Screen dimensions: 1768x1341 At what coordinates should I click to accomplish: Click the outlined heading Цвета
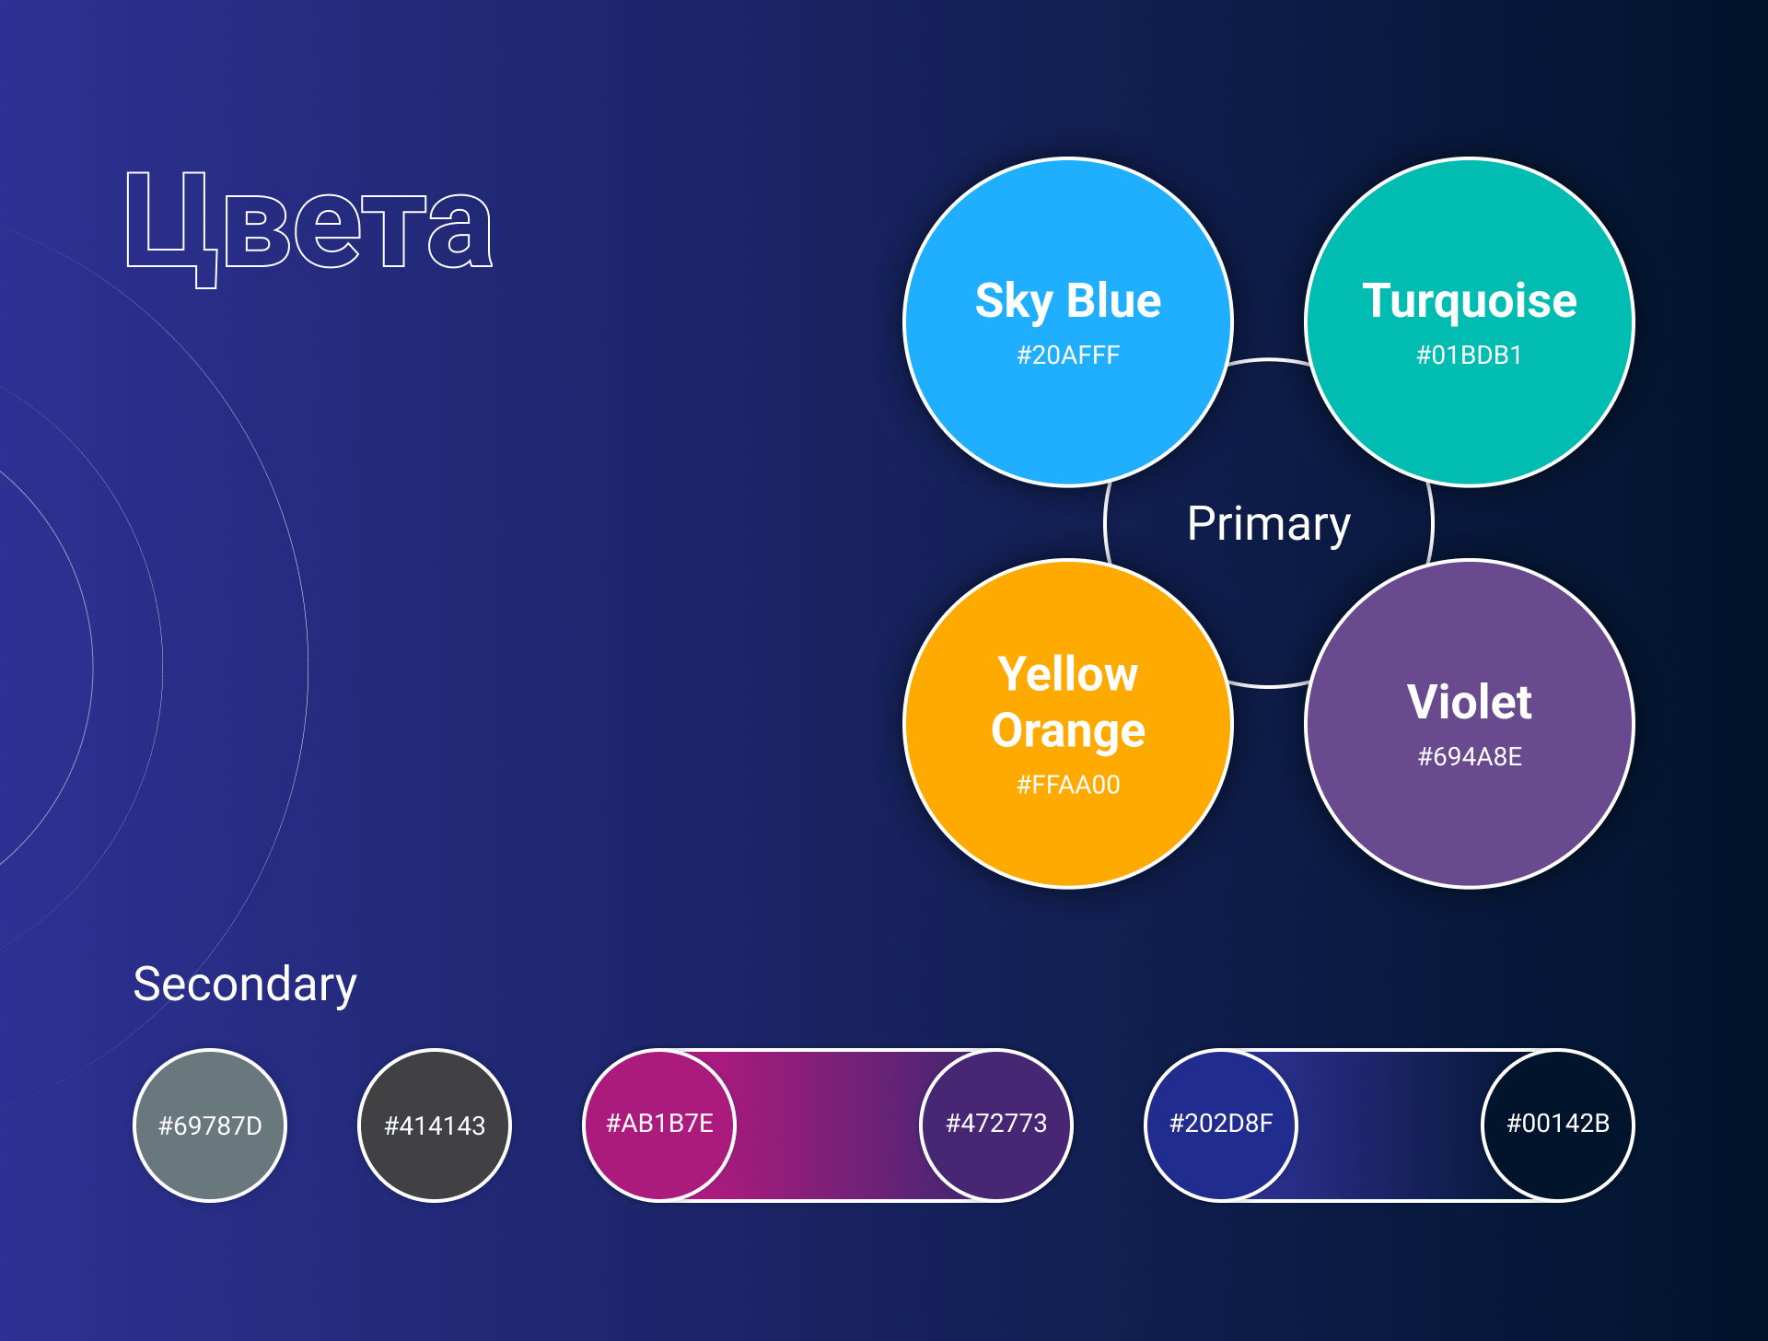[309, 229]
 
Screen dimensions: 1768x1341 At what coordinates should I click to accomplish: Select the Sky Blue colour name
[1068, 302]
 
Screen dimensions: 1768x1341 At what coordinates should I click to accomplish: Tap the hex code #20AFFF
[1068, 356]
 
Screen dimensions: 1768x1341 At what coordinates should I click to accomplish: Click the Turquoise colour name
[1470, 302]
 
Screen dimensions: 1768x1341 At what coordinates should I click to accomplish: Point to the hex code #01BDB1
[1470, 356]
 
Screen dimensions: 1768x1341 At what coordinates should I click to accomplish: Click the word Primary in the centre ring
[1269, 525]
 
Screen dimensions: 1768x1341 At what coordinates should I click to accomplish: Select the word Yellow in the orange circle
[1068, 674]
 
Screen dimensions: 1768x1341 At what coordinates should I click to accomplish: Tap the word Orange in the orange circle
[1068, 731]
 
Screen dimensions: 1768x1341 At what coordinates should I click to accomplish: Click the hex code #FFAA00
[1068, 785]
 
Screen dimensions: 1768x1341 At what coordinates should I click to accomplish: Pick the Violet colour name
[1470, 702]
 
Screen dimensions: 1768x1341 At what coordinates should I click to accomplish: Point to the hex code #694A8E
[1470, 757]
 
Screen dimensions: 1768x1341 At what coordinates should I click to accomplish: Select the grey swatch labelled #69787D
[210, 1125]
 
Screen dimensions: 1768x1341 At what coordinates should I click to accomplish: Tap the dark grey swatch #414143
[435, 1125]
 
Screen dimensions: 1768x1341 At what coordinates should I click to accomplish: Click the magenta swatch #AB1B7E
[659, 1125]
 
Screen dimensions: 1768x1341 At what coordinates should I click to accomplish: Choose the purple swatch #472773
[996, 1125]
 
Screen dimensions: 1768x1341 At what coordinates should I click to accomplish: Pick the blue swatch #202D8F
[1221, 1125]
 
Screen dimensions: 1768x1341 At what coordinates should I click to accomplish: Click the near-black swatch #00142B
[1558, 1125]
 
